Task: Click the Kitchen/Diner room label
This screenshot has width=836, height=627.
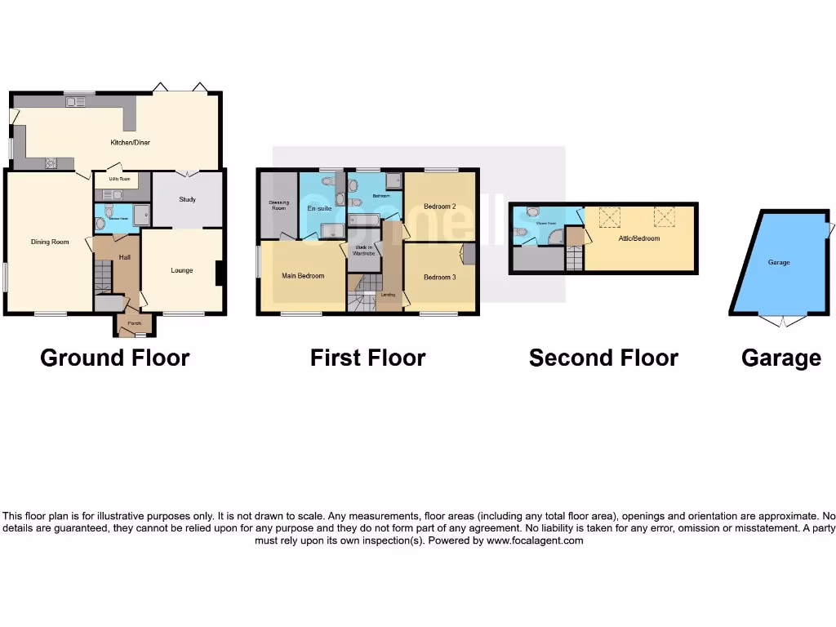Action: [131, 142]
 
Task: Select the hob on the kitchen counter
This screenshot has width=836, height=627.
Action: [51, 162]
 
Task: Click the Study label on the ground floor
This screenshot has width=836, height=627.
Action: [187, 198]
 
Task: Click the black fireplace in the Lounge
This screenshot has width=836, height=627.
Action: [220, 273]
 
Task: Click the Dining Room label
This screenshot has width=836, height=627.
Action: [50, 242]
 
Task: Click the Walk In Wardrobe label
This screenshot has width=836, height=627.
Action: [364, 251]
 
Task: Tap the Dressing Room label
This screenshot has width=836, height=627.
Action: [278, 206]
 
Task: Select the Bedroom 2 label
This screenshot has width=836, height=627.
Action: [440, 207]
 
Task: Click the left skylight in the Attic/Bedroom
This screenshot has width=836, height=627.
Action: [609, 216]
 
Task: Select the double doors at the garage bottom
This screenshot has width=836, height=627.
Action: [782, 321]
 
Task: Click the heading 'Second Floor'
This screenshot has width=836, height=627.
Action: [603, 358]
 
